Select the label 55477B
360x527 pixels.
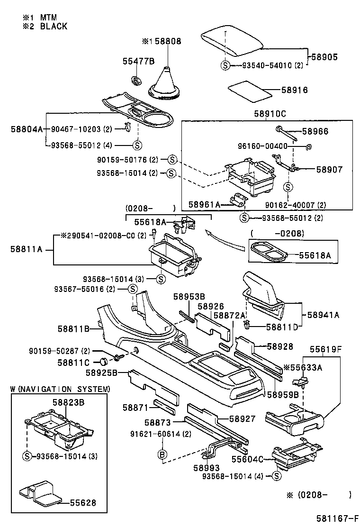click(x=138, y=61)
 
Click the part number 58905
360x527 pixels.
click(x=324, y=57)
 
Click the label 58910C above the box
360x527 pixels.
click(x=270, y=114)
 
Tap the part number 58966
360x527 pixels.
click(x=315, y=131)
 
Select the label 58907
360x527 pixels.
click(x=329, y=169)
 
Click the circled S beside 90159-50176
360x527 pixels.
click(x=172, y=160)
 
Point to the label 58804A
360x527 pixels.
click(x=27, y=129)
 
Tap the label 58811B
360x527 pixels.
click(x=73, y=329)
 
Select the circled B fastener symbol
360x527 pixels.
click(x=162, y=455)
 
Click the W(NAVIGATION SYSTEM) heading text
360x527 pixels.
click(x=60, y=389)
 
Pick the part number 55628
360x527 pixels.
click(x=83, y=503)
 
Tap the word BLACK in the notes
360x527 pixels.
click(x=54, y=26)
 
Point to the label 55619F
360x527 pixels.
click(x=325, y=350)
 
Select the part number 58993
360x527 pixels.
click(x=207, y=468)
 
